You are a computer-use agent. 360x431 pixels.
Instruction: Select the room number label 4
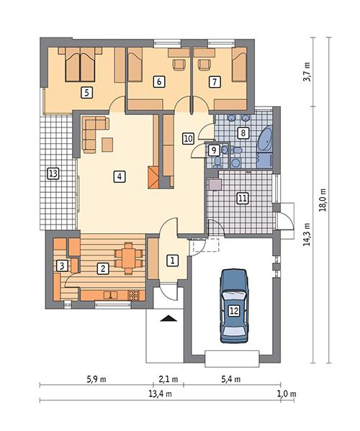[120, 175]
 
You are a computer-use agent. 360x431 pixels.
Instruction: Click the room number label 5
[86, 91]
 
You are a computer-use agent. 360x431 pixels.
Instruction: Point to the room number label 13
[52, 173]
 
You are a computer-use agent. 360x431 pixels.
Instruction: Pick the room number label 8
[243, 132]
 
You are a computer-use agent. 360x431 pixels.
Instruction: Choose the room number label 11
[243, 197]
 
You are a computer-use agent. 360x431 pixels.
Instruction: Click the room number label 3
[63, 266]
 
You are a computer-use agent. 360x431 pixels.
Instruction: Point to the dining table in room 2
[128, 257]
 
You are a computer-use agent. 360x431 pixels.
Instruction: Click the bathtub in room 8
[265, 142]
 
